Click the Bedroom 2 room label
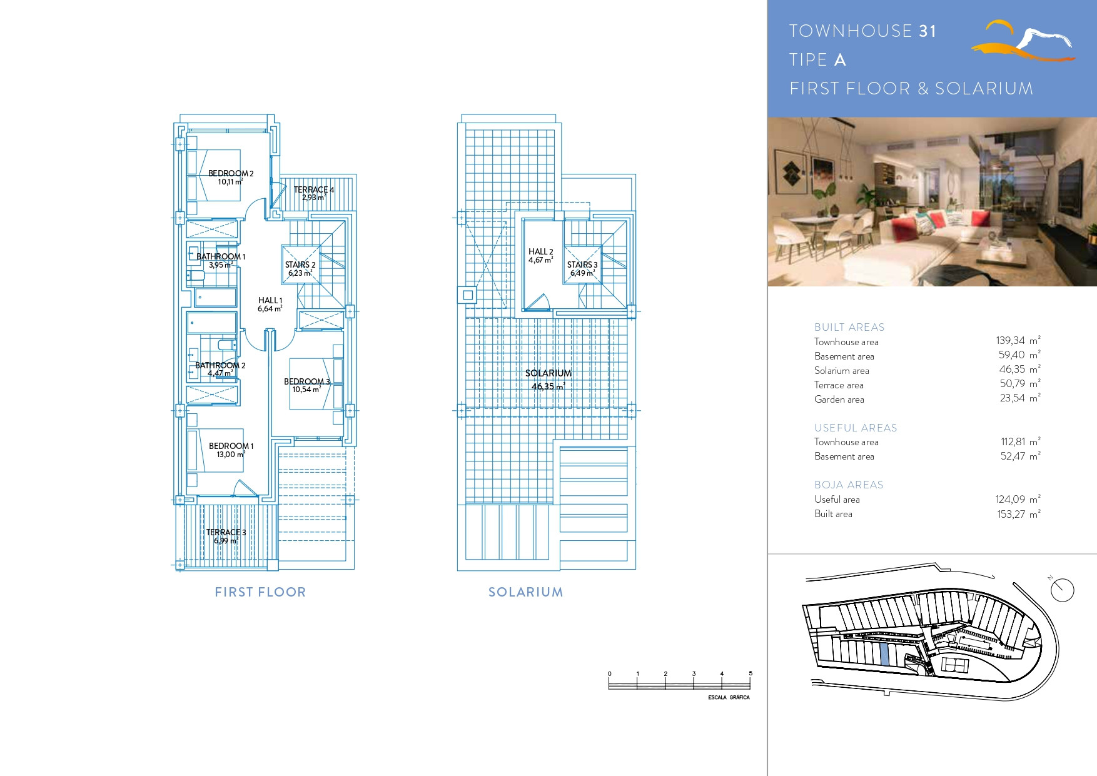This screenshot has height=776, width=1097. coord(231,173)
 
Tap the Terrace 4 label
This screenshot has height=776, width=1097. coord(314,189)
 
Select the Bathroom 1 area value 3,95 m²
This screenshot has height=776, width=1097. coord(221,265)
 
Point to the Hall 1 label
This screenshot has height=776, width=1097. coord(270,300)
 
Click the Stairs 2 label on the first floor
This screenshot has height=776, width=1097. coord(300,265)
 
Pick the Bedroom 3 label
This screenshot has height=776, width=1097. coord(306,381)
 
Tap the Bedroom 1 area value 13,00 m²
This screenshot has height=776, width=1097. coord(231,454)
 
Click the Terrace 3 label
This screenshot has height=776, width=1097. coord(226,532)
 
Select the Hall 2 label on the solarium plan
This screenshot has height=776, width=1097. coord(541,251)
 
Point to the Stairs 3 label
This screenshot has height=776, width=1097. coord(582,265)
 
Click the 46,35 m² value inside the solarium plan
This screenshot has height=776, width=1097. coord(548,386)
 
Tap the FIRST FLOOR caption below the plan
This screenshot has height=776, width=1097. coord(260,592)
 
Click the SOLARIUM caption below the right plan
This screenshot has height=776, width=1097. coord(525,592)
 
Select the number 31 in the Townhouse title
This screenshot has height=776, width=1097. coord(928,31)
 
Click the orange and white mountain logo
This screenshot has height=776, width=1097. coord(1023,41)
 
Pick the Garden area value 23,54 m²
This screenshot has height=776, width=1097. coord(1020,398)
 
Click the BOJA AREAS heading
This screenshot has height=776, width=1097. coord(849,485)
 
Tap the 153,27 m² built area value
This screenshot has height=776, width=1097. coord(1019,514)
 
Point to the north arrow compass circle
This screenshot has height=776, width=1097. coord(1063,590)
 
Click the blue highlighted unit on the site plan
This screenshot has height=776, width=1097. coord(884,655)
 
